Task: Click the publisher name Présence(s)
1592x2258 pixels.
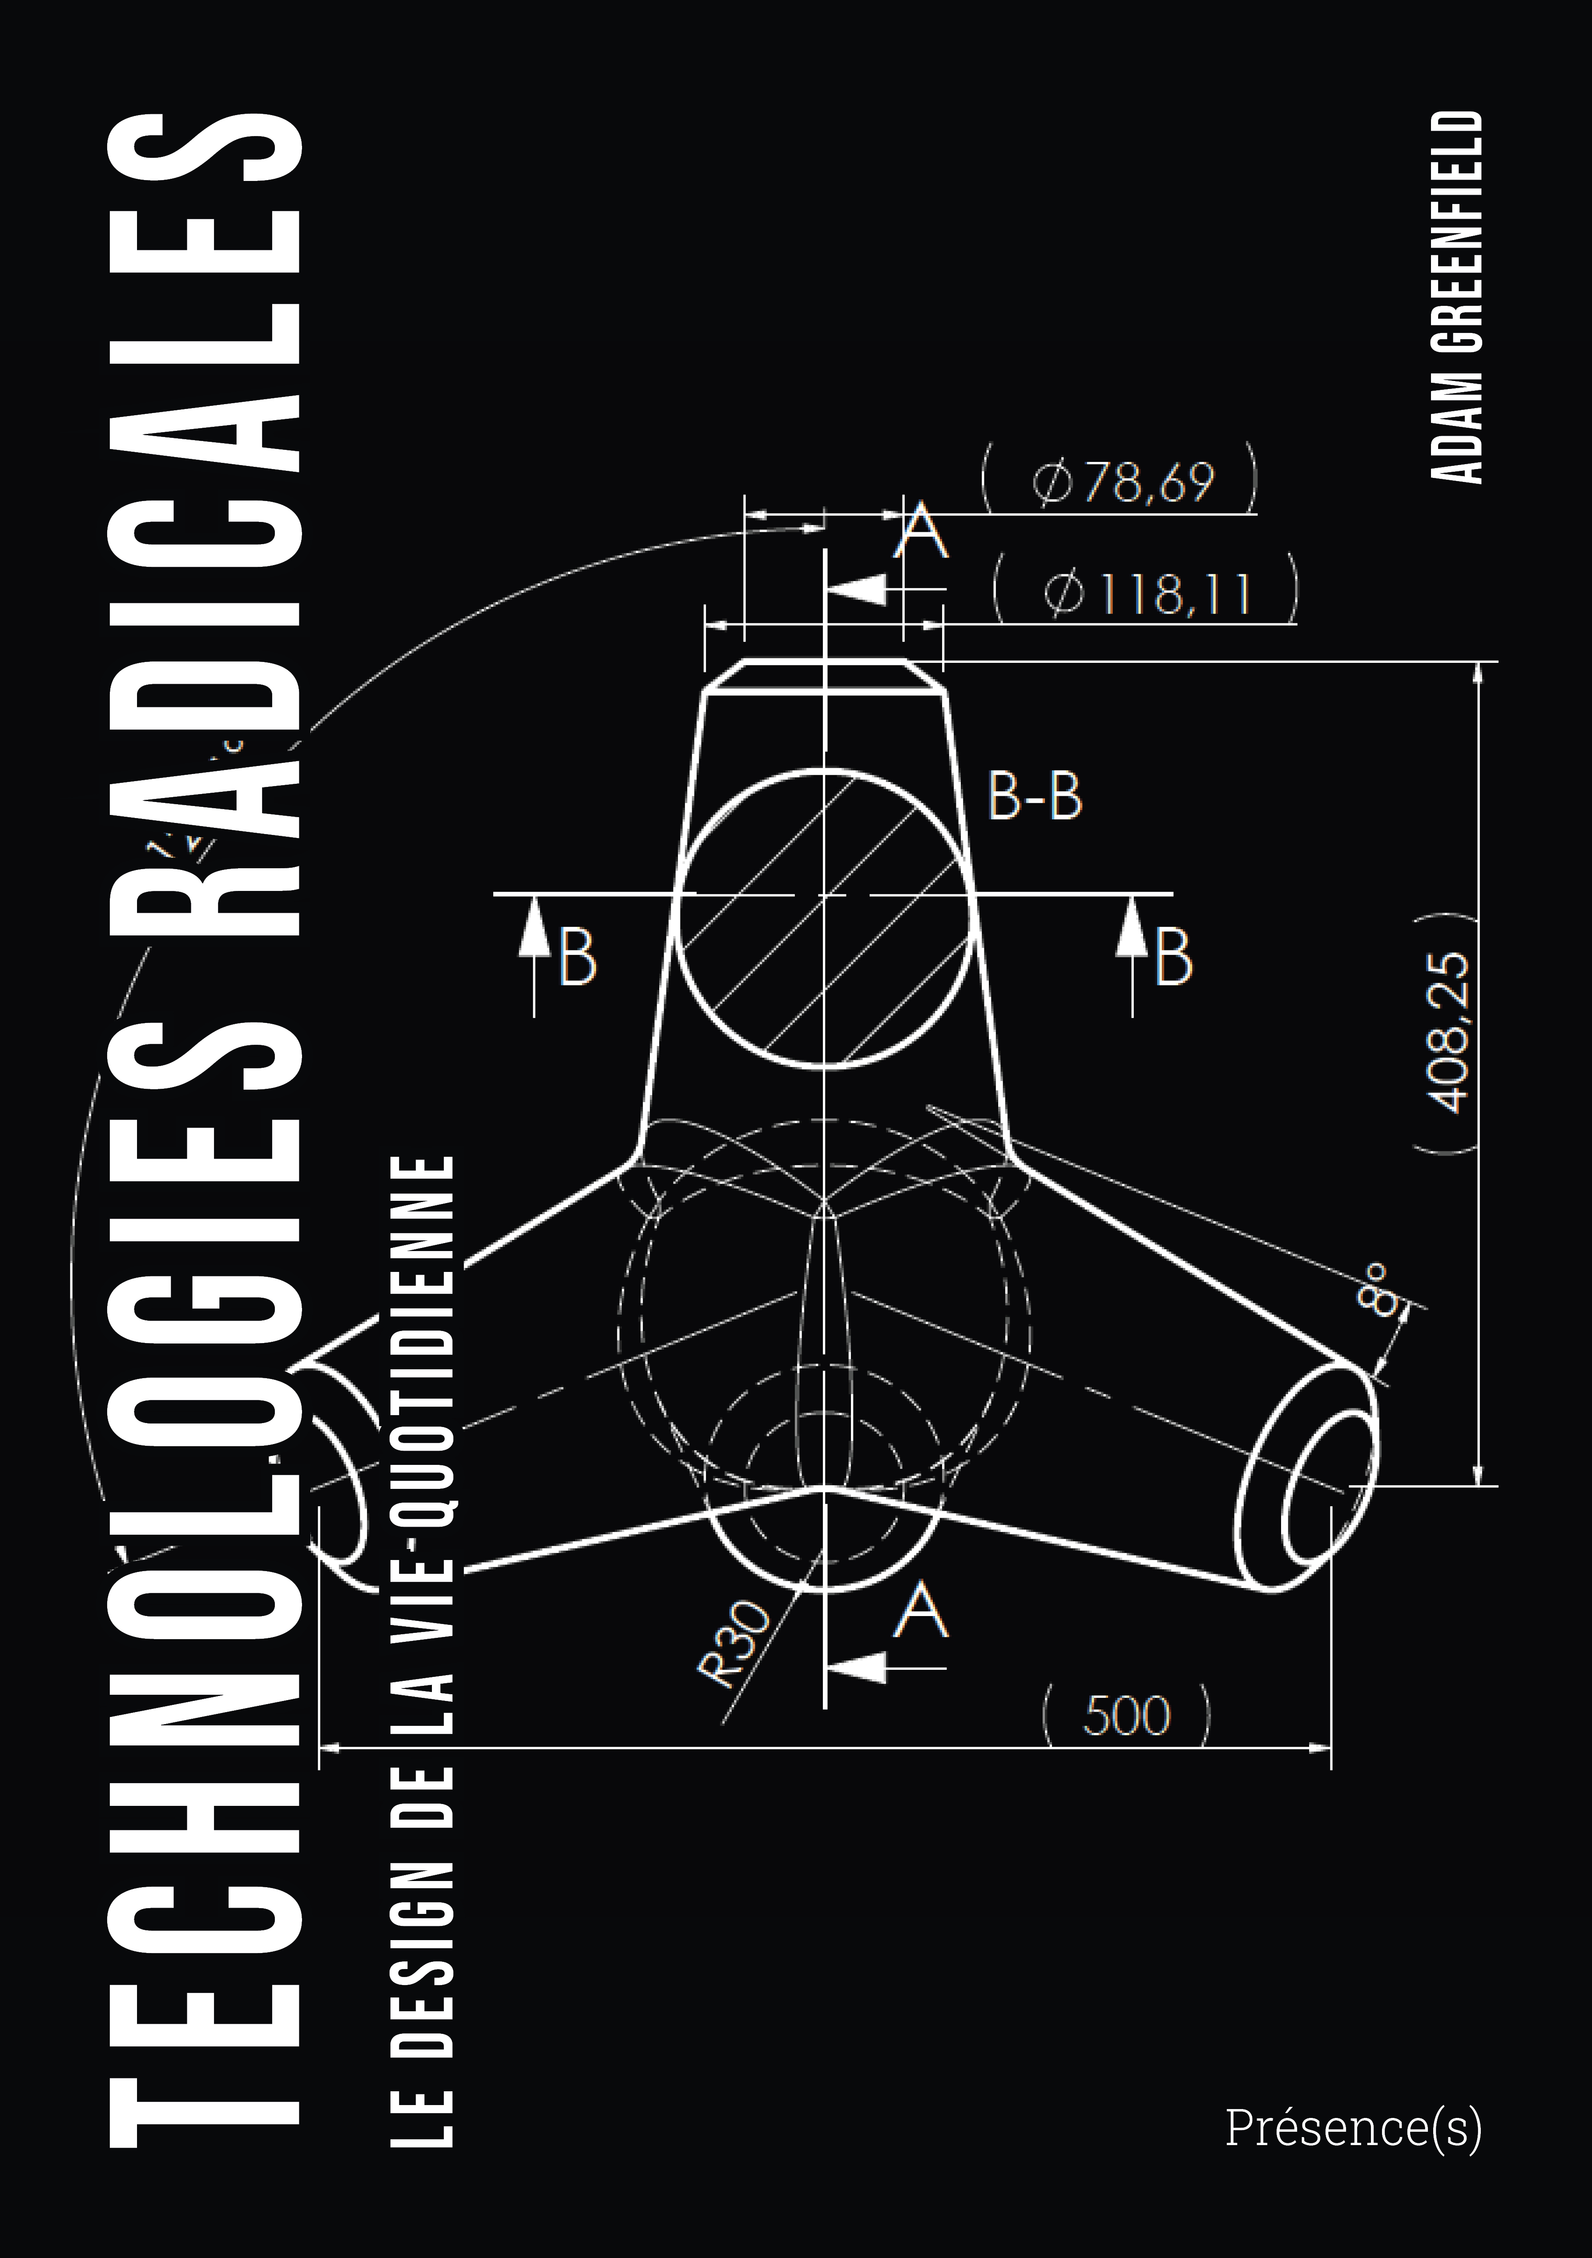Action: tap(1353, 2127)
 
